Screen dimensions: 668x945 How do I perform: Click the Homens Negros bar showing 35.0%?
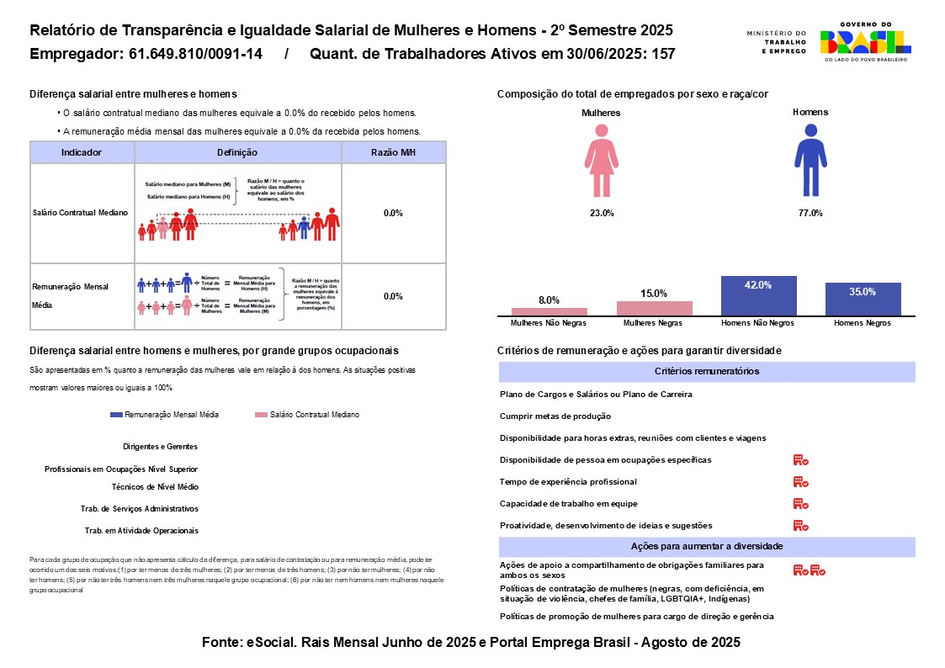click(x=863, y=299)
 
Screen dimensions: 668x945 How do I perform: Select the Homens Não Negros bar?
click(x=758, y=295)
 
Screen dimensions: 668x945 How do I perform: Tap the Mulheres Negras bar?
click(x=654, y=308)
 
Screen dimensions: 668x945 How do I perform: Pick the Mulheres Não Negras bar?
click(x=549, y=311)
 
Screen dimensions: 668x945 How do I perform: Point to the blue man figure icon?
click(x=810, y=160)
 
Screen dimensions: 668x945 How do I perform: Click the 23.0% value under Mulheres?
click(x=601, y=213)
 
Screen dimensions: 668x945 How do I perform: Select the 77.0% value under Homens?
click(x=810, y=213)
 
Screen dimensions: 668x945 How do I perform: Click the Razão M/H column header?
click(x=393, y=152)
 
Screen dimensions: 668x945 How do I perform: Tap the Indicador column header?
click(x=82, y=152)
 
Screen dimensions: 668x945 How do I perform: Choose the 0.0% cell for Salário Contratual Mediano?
click(x=393, y=213)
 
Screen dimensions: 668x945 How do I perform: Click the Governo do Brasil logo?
click(x=866, y=41)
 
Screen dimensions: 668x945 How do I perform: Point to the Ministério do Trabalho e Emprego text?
click(x=776, y=42)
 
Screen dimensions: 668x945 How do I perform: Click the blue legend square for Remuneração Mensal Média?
click(x=116, y=415)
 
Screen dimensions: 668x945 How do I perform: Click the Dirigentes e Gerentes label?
click(x=160, y=447)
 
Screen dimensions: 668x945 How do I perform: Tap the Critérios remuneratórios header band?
click(x=707, y=371)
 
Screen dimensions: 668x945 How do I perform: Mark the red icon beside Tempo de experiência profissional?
click(x=800, y=482)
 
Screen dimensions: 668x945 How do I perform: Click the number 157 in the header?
click(x=663, y=55)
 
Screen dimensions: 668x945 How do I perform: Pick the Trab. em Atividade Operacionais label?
click(x=141, y=531)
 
